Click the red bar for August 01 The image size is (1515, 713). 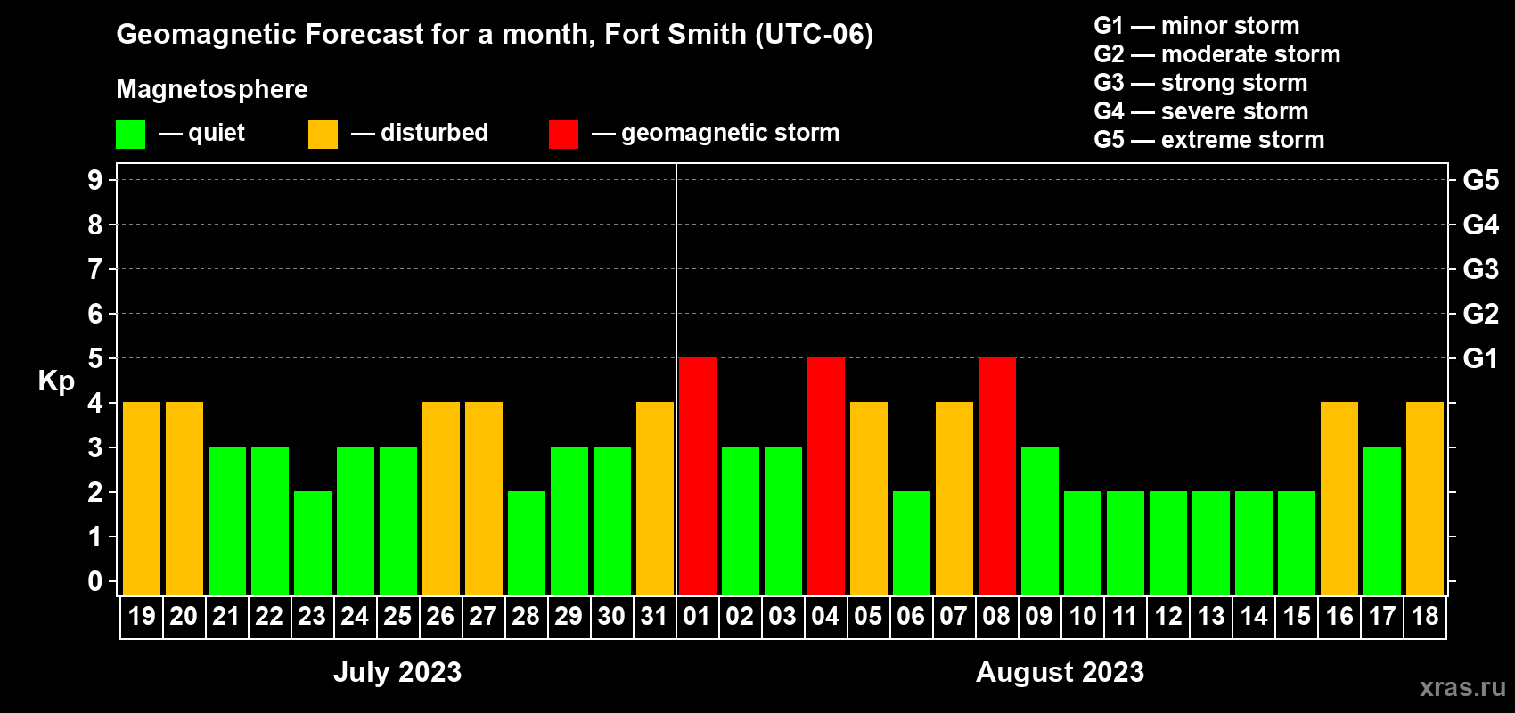[x=697, y=476]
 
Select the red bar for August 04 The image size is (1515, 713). [x=825, y=476]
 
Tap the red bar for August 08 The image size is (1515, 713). [x=996, y=476]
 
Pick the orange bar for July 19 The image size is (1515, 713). [x=142, y=498]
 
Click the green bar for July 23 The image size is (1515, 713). [x=313, y=543]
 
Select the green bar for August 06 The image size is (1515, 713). [x=911, y=543]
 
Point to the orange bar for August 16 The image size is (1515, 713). [x=1339, y=498]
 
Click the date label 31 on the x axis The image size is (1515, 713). [x=654, y=616]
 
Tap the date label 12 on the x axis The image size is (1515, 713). [x=1167, y=616]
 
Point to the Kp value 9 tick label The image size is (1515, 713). [x=95, y=180]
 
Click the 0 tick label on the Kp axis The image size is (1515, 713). [x=95, y=581]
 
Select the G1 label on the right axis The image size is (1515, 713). [x=1480, y=358]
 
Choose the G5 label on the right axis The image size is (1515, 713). [x=1480, y=180]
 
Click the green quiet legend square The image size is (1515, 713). [x=131, y=135]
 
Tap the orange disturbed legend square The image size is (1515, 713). [x=323, y=135]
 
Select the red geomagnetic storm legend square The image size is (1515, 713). [x=563, y=135]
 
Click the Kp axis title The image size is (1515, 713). [x=56, y=381]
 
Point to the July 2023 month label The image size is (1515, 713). [x=397, y=671]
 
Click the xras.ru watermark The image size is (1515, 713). [x=1462, y=686]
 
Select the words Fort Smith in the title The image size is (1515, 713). [x=675, y=34]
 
